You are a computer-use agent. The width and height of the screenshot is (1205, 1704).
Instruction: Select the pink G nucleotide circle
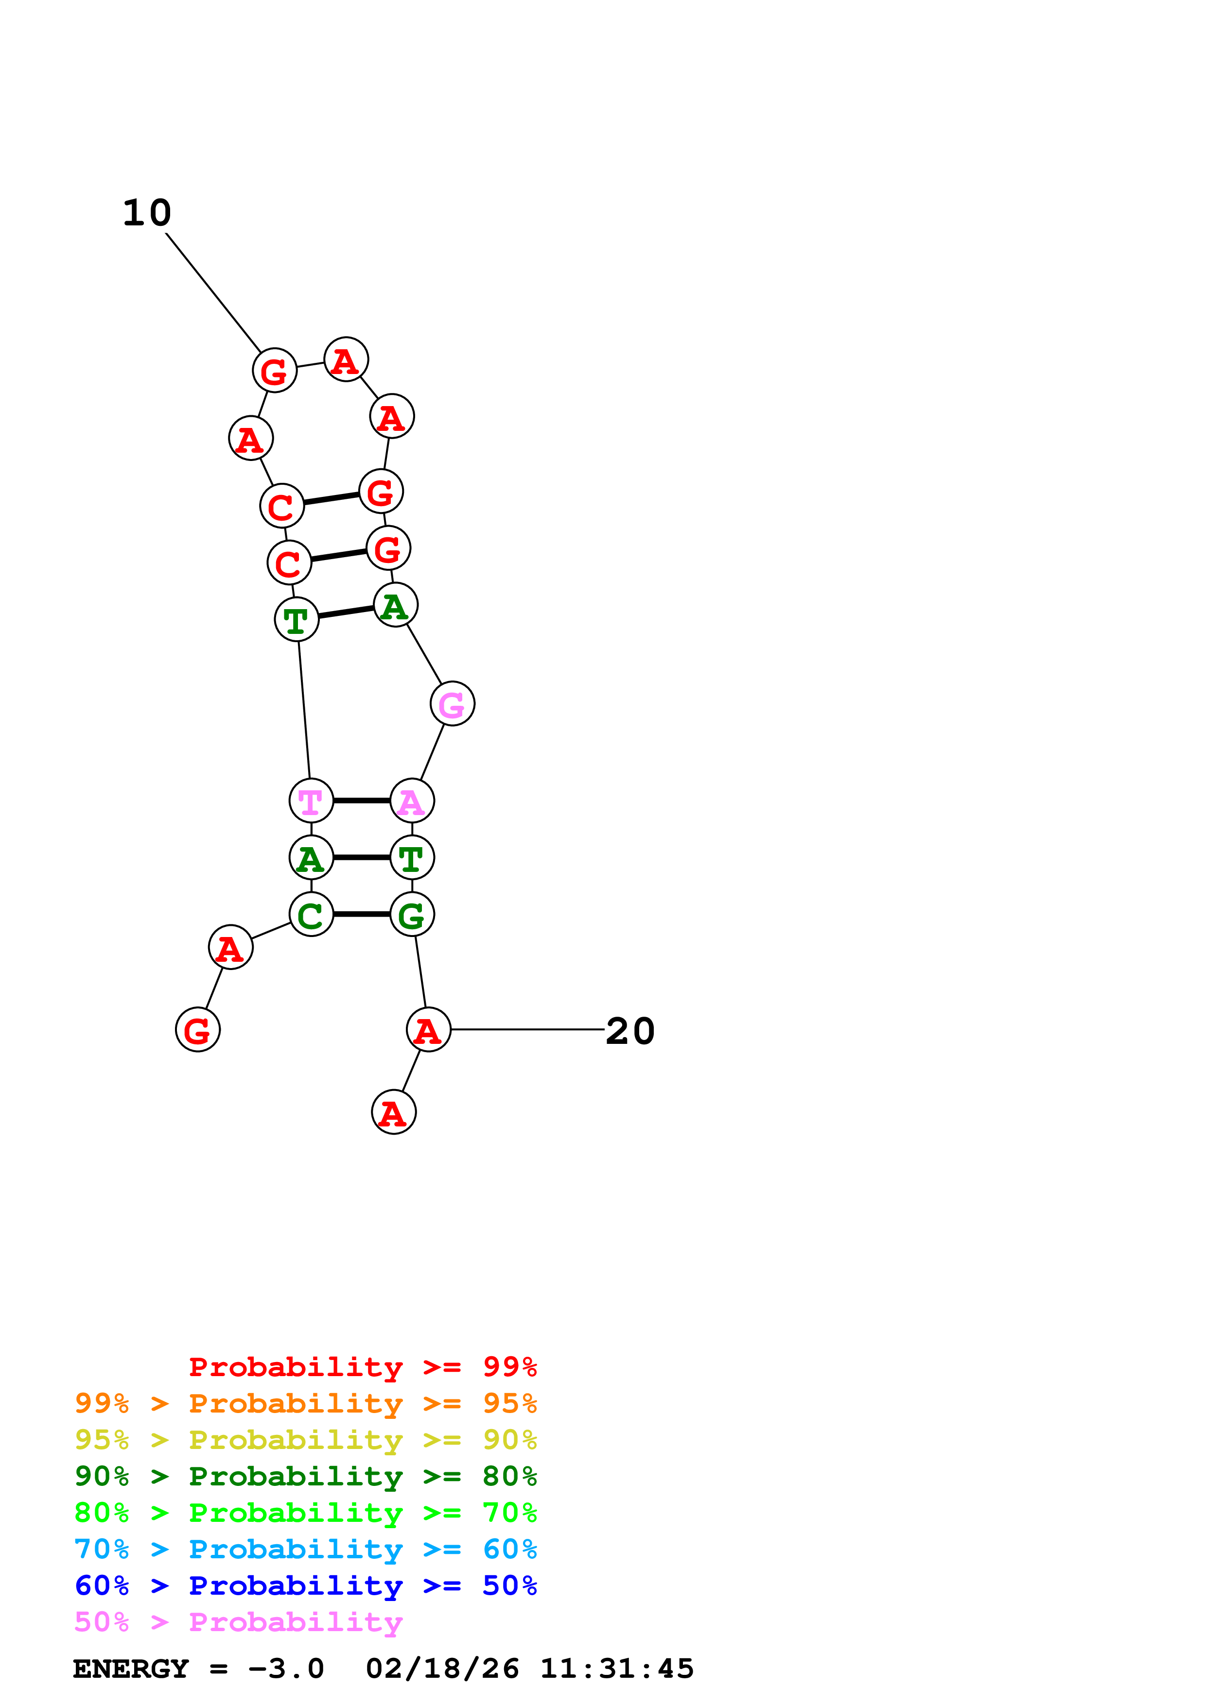click(x=452, y=703)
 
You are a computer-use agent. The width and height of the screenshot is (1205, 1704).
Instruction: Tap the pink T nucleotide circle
click(x=311, y=801)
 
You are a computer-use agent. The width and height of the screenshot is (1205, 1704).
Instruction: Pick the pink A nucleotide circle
click(x=412, y=801)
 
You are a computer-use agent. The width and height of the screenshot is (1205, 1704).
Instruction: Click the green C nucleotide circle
click(x=311, y=914)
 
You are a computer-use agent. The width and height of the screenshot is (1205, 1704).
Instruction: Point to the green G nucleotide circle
click(x=412, y=914)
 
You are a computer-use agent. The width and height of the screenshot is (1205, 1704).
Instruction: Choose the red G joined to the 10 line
click(x=275, y=370)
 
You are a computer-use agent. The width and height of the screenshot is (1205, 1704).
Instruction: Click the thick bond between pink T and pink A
click(x=362, y=801)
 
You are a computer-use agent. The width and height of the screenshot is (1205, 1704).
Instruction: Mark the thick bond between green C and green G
click(x=362, y=914)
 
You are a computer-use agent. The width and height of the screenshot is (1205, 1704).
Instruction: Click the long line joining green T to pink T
click(x=304, y=710)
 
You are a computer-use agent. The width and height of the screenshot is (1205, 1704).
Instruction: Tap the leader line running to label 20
click(x=527, y=1029)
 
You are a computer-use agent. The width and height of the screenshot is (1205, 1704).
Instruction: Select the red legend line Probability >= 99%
click(x=362, y=1367)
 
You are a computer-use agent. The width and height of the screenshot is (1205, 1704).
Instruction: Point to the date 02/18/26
click(x=442, y=1669)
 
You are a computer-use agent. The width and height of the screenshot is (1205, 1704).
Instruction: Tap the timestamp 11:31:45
click(x=616, y=1669)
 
